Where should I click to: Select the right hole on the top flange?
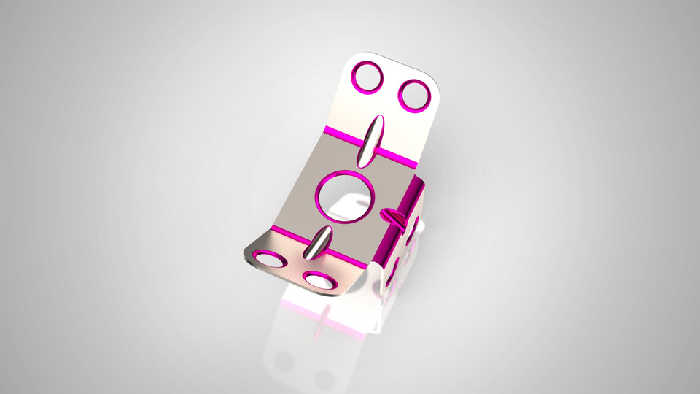(415, 96)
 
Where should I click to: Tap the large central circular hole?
(346, 197)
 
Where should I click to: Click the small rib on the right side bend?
(395, 215)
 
